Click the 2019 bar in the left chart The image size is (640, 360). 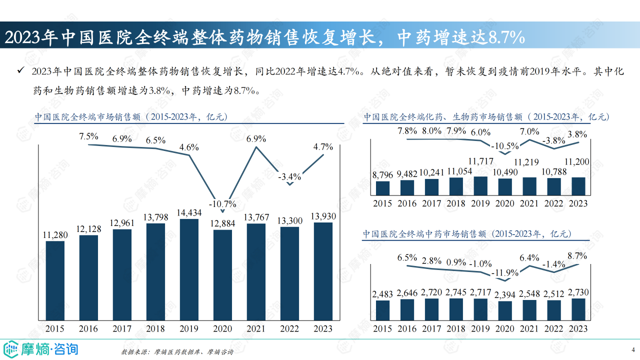click(189, 269)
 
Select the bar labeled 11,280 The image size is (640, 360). click(55, 280)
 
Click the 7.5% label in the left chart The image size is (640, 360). click(88, 136)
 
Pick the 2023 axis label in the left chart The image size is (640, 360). click(323, 328)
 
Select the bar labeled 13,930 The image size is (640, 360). click(323, 271)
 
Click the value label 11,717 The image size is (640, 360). click(481, 161)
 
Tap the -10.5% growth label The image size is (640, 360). click(504, 146)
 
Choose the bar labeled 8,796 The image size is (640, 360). click(382, 188)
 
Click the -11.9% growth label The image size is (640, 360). click(504, 273)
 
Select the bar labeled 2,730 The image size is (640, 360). click(578, 307)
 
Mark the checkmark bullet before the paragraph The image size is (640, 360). click(20, 71)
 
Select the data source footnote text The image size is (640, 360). click(177, 352)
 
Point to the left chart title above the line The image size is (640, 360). click(131, 117)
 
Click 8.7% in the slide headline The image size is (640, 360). click(506, 36)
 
